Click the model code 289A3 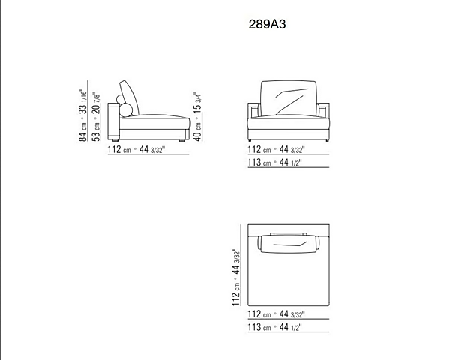click(x=267, y=24)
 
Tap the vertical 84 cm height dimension click(x=82, y=115)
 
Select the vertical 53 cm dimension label click(x=97, y=116)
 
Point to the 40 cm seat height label click(x=198, y=116)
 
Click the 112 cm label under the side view click(x=136, y=149)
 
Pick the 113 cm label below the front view click(x=275, y=163)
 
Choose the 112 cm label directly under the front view click(x=276, y=149)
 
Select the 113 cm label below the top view click(x=275, y=327)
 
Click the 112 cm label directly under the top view click(x=276, y=314)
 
